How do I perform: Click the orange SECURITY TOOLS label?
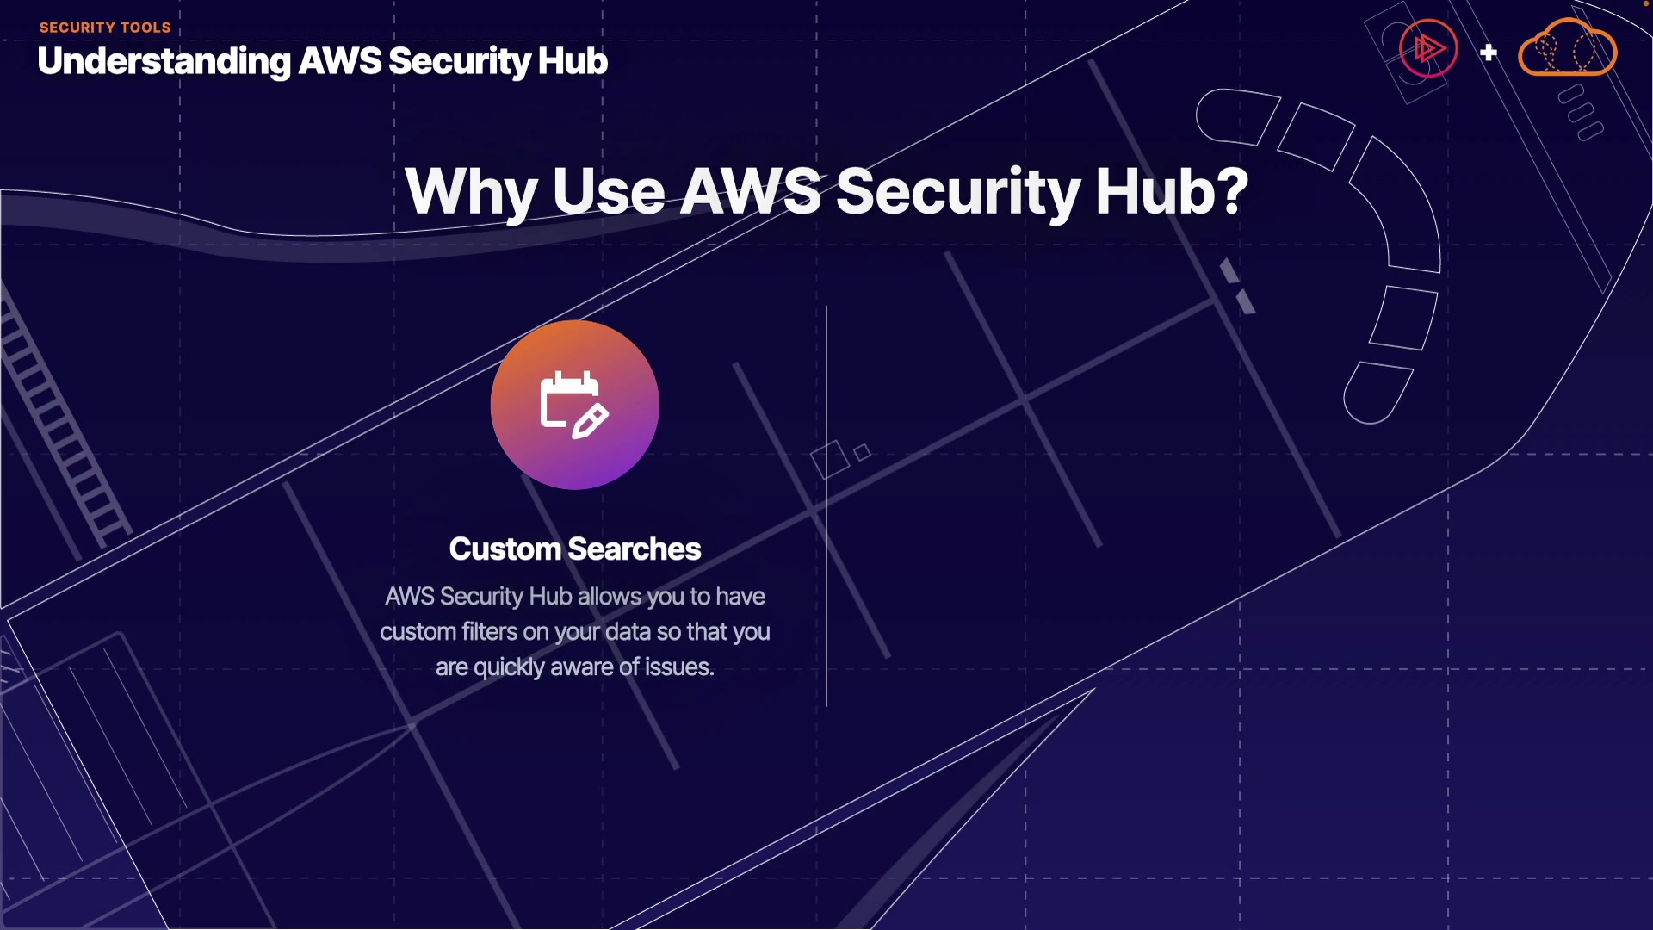click(x=105, y=28)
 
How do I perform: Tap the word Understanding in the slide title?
click(x=164, y=62)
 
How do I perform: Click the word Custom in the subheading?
click(x=505, y=549)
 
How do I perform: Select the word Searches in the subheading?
click(x=635, y=549)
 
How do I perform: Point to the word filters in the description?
click(x=489, y=632)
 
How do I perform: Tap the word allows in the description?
click(x=609, y=597)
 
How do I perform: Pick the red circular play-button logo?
click(x=1427, y=49)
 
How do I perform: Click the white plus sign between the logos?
click(x=1489, y=53)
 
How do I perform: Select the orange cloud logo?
click(x=1567, y=50)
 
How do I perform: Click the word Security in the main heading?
click(x=957, y=191)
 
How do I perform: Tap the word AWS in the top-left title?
click(x=339, y=62)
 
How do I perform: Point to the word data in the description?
click(x=628, y=632)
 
